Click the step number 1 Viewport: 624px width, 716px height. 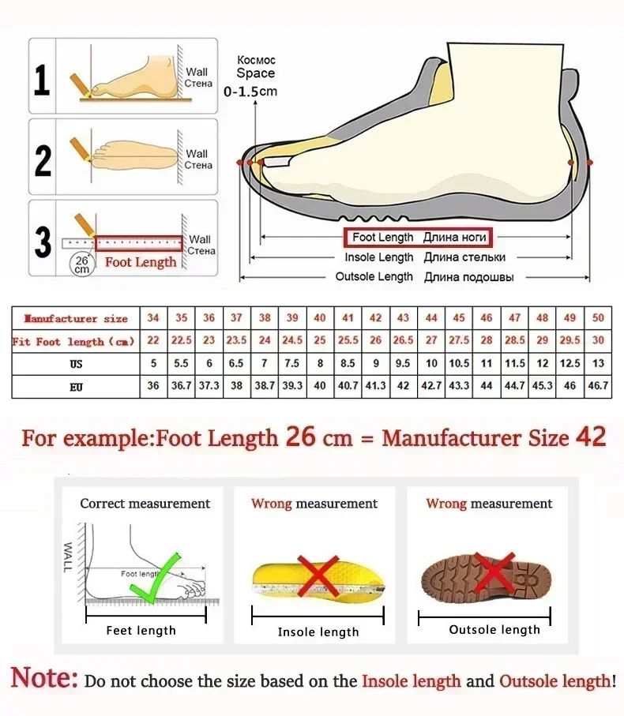click(42, 81)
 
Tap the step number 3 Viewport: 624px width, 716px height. click(43, 242)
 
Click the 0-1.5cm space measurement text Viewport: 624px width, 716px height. click(250, 91)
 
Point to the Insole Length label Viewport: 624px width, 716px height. click(378, 257)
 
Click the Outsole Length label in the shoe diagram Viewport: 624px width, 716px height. click(374, 276)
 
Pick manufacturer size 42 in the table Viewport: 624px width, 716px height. click(376, 318)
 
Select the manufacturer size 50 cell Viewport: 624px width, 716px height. click(598, 318)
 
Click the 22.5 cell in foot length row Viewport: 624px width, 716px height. click(182, 341)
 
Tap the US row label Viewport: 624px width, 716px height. click(76, 364)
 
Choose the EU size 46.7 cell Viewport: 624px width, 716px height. click(598, 386)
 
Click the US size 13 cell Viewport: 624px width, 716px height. click(598, 364)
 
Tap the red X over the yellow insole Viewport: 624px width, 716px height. click(318, 575)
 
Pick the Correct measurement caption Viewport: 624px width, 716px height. click(145, 504)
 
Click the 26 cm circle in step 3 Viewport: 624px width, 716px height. click(81, 263)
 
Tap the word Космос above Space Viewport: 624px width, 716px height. click(257, 60)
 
